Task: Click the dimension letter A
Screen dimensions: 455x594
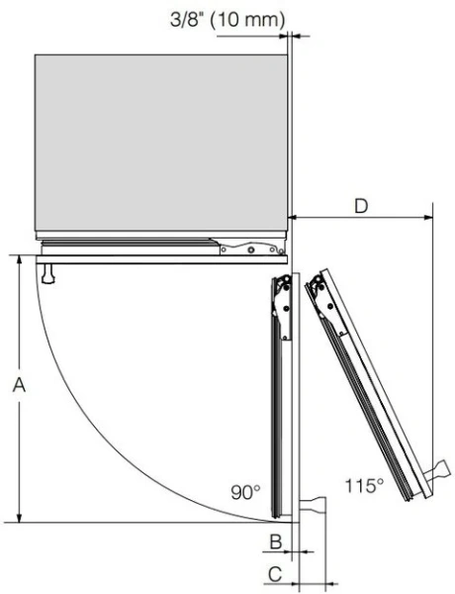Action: (19, 385)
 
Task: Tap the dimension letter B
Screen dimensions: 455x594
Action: (276, 542)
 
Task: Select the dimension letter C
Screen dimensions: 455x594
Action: (275, 574)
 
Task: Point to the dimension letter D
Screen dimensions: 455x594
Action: (361, 207)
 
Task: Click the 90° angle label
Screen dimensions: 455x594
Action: (245, 492)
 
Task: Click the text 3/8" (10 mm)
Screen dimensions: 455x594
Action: (227, 19)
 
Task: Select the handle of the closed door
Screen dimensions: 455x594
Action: (48, 273)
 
